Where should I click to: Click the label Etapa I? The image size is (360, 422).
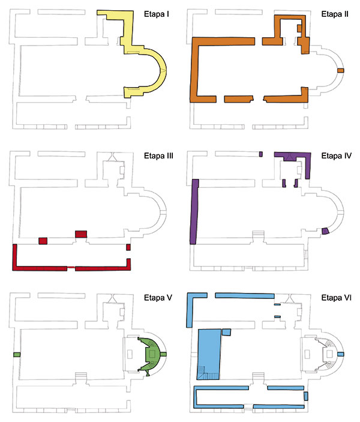pyautogui.click(x=157, y=14)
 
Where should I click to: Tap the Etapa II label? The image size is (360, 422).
pyautogui.click(x=335, y=14)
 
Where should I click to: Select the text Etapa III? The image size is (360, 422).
pyautogui.click(x=158, y=156)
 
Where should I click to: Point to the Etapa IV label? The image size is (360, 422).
pyautogui.click(x=337, y=156)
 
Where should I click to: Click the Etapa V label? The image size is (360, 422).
pyautogui.click(x=158, y=298)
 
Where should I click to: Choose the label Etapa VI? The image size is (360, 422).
pyautogui.click(x=337, y=298)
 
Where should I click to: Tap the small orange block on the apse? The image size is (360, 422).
pyautogui.click(x=341, y=70)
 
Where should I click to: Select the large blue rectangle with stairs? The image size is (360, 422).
pyautogui.click(x=209, y=354)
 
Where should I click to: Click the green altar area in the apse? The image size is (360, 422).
pyautogui.click(x=152, y=354)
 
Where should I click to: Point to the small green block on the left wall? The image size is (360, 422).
pyautogui.click(x=17, y=355)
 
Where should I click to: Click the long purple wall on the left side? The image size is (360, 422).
pyautogui.click(x=194, y=211)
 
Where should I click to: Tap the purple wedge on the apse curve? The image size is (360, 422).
pyautogui.click(x=326, y=231)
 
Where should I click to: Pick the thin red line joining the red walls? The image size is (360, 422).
pyautogui.click(x=71, y=267)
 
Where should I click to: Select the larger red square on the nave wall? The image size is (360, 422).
pyautogui.click(x=81, y=234)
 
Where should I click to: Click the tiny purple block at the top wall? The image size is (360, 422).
pyautogui.click(x=261, y=154)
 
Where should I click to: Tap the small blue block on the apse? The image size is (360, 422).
pyautogui.click(x=341, y=354)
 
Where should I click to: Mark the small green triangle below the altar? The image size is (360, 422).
pyautogui.click(x=148, y=374)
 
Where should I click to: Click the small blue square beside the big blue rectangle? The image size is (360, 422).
pyautogui.click(x=226, y=332)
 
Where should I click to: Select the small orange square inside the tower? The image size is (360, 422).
pyautogui.click(x=299, y=28)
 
